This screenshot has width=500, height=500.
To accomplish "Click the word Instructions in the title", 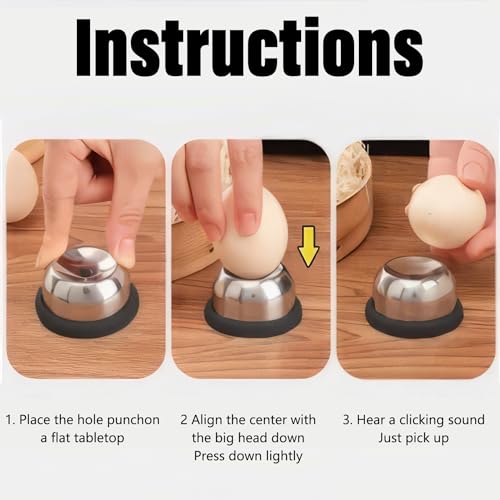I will [x=249, y=47].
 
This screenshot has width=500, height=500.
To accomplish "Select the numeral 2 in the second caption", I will [x=183, y=420].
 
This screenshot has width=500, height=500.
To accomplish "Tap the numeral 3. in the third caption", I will [x=349, y=420].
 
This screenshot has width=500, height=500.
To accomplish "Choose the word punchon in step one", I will [x=130, y=420].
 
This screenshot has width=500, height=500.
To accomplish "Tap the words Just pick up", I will [x=414, y=439].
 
